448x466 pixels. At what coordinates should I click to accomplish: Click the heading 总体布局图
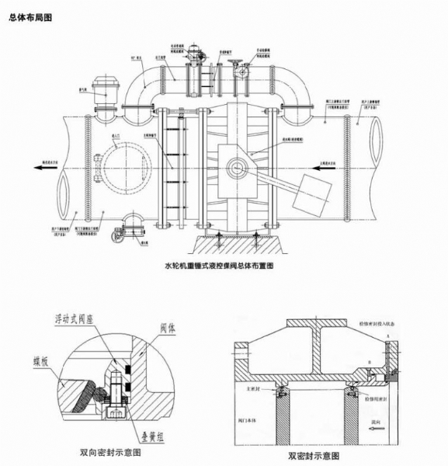[30, 14]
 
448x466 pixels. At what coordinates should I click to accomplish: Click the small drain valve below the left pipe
[120, 231]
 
